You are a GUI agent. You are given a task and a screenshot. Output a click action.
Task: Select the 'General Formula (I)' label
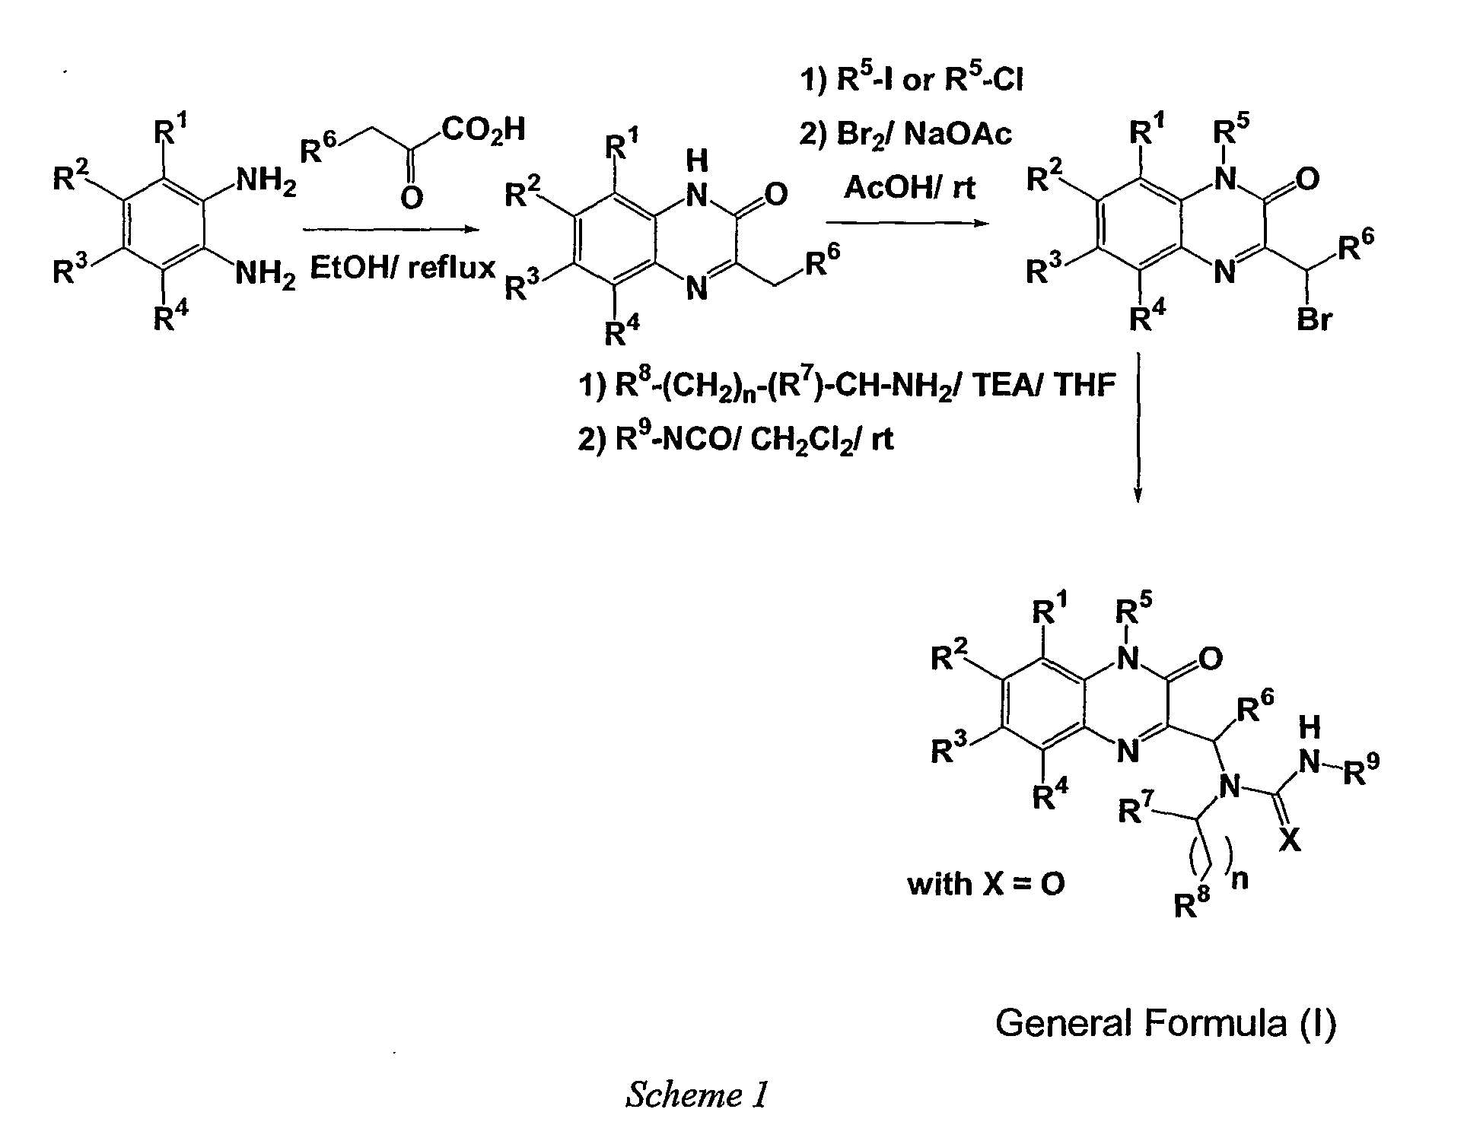tap(1166, 1023)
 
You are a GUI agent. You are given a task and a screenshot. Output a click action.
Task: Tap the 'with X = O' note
tap(986, 885)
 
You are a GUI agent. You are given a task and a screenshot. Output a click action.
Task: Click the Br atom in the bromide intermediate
tap(1315, 319)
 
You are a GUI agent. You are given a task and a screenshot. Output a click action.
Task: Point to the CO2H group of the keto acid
tap(484, 130)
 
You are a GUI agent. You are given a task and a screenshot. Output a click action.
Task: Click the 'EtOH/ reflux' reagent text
tap(403, 268)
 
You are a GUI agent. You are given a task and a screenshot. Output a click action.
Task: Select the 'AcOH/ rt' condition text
tap(909, 187)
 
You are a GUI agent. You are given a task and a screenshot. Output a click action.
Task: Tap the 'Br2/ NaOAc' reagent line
tap(905, 134)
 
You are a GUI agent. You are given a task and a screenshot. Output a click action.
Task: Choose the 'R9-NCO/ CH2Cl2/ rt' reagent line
tap(736, 440)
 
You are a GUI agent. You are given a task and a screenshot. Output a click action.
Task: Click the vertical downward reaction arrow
tap(1138, 427)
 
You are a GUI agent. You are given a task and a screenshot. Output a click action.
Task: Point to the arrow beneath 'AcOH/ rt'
tap(909, 222)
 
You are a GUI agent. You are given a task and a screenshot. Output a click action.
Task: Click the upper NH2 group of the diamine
tap(267, 182)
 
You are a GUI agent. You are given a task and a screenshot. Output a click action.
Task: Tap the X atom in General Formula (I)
tap(1289, 840)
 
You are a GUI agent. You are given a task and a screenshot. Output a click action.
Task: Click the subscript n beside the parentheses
tap(1240, 882)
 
